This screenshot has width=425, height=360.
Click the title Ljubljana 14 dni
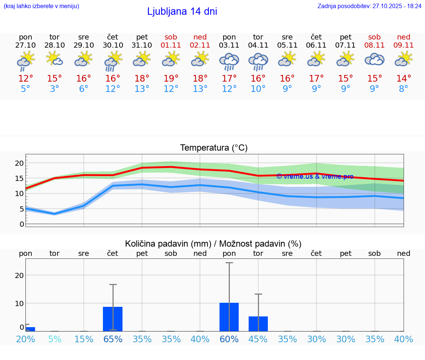[x=182, y=11]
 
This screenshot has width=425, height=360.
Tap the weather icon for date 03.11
[x=229, y=61]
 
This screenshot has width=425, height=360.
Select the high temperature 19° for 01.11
[x=171, y=79]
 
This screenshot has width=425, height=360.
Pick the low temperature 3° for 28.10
[x=55, y=89]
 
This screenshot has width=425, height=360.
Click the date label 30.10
[x=113, y=45]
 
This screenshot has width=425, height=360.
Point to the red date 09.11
[x=404, y=45]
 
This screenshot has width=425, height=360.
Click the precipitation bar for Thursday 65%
[x=113, y=319]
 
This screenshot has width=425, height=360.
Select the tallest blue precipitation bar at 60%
[x=229, y=317]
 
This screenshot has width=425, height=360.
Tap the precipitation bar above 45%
[x=258, y=323]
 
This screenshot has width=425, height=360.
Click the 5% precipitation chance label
[x=55, y=339]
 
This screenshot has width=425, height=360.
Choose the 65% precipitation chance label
[x=113, y=339]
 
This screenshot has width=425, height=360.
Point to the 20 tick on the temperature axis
[x=19, y=163]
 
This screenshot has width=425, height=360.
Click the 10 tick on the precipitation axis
[x=19, y=303]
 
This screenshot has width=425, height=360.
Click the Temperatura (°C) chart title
[x=214, y=148]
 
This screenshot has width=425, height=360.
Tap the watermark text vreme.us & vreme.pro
[x=315, y=176]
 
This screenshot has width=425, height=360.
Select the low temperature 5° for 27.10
[x=25, y=89]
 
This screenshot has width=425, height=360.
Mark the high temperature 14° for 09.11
[x=404, y=79]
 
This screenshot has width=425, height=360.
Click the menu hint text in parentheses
[x=41, y=6]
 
